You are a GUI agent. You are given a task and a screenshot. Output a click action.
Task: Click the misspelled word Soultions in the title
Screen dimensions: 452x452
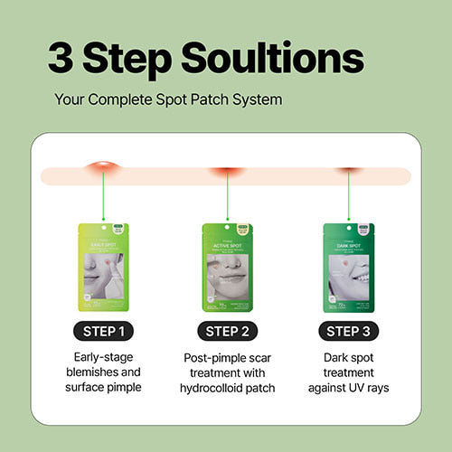click(x=271, y=58)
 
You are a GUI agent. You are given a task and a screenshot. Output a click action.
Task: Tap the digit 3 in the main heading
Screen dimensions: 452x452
click(x=64, y=58)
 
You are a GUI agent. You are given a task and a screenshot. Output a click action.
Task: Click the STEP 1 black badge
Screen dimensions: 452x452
click(x=103, y=331)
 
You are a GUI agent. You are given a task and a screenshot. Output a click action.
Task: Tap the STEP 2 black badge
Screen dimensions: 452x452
click(x=226, y=331)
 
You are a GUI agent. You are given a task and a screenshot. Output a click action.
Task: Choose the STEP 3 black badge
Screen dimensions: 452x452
click(x=349, y=331)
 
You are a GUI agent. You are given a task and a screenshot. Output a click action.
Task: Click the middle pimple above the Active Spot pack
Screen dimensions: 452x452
click(x=226, y=169)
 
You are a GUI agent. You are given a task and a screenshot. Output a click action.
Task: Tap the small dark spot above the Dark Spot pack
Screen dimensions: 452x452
click(x=349, y=169)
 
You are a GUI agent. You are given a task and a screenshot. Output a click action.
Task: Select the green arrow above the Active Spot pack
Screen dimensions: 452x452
click(x=226, y=197)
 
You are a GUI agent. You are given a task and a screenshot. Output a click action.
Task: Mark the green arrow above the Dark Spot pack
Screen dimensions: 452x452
click(x=349, y=197)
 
